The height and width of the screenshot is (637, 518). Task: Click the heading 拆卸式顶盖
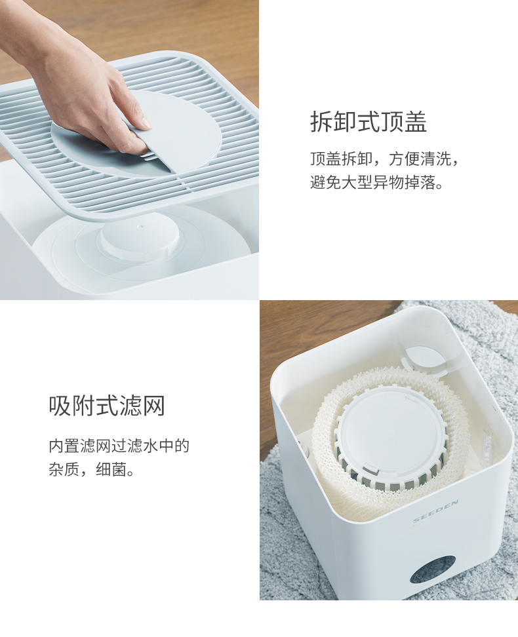pos(369,121)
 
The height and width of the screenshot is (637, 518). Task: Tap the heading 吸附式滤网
pos(107,406)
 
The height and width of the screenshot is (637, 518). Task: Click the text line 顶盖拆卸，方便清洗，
pos(385,159)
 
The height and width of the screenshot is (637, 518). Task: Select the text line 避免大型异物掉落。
pos(377,182)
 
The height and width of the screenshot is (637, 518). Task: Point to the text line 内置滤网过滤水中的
pos(119,446)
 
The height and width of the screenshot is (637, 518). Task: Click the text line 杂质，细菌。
pos(92,470)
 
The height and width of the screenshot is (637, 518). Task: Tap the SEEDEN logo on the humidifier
pos(435,511)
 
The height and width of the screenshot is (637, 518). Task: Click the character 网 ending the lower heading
pos(153,406)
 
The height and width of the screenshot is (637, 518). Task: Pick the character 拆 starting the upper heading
pos(322,121)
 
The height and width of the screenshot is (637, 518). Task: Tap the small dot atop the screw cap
pos(141,225)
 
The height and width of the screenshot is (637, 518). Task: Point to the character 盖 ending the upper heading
pos(415,121)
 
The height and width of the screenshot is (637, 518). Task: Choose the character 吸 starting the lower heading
pos(60,406)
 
